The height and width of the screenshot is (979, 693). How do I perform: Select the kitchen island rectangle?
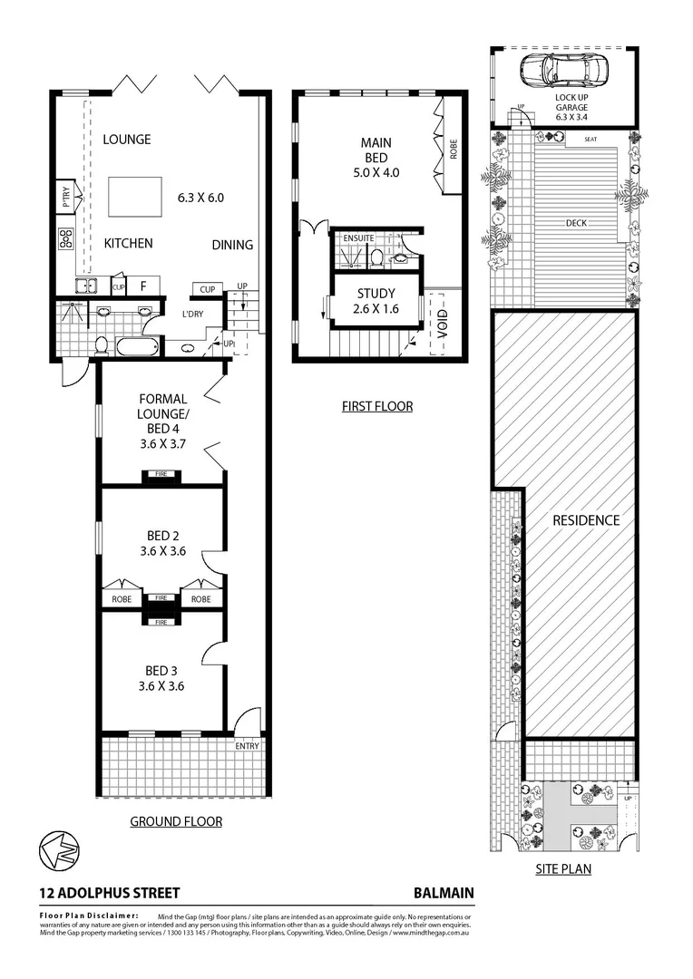point(134,195)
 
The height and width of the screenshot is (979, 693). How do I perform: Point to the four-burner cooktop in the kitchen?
point(66,238)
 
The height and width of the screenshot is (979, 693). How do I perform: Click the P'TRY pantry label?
point(66,194)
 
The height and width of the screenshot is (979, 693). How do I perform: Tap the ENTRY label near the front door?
point(247,746)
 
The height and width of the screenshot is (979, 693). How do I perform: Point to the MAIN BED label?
point(376,150)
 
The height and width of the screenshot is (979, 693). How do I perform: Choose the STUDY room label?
point(376,294)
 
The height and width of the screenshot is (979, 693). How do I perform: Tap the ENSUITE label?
point(358,238)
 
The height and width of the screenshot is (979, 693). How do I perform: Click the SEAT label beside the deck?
point(591,140)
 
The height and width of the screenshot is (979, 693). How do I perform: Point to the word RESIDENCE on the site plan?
point(586,520)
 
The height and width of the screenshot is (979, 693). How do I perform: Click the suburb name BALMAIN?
point(444,893)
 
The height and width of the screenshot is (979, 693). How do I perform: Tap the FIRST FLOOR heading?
point(376,406)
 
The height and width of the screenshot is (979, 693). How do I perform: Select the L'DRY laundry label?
point(192,314)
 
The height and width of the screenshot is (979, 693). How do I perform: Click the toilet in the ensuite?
point(376,258)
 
